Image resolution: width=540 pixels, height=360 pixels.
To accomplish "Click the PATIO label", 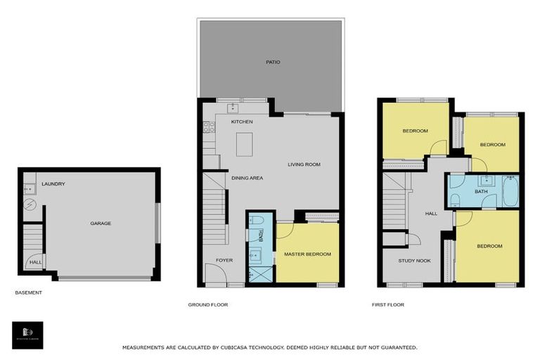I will click(273, 63).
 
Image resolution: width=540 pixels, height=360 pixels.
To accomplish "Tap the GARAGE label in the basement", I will click(101, 224).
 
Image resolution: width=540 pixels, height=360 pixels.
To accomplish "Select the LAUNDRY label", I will click(53, 184).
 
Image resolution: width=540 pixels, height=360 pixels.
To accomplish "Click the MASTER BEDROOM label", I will click(307, 254).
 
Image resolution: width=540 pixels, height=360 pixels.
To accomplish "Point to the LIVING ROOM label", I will click(304, 165).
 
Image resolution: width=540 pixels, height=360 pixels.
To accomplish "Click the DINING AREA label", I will click(247, 178).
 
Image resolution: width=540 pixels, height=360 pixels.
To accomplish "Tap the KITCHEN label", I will click(242, 122).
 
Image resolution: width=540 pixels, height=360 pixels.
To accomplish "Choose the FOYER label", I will click(224, 260).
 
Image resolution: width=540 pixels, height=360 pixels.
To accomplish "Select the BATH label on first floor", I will click(481, 191).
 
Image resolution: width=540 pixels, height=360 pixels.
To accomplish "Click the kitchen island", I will click(245, 144).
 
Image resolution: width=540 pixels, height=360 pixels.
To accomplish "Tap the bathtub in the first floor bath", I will click(510, 191).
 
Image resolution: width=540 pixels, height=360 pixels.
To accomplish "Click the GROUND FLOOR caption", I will click(208, 305).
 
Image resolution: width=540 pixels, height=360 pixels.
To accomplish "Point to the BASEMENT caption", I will click(29, 292).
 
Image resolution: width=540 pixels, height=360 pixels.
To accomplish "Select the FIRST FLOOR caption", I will click(388, 305).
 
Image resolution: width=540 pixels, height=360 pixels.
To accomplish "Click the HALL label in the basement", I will click(34, 263).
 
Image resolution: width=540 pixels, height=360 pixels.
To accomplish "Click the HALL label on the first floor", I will click(432, 214).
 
